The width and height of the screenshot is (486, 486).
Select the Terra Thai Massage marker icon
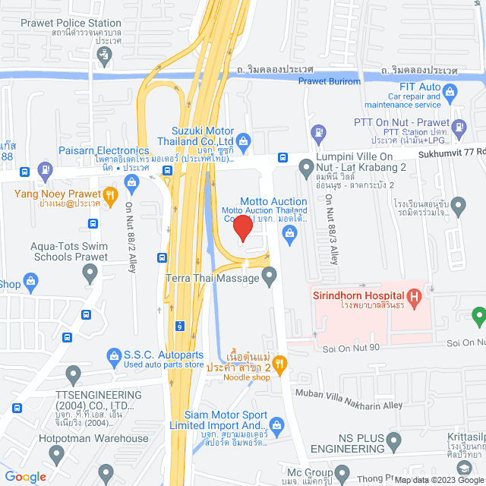[270, 279]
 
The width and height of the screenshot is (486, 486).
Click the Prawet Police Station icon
[106, 55]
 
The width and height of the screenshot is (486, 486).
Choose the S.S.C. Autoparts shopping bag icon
[114, 355]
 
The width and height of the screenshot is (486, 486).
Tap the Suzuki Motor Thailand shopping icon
[243, 140]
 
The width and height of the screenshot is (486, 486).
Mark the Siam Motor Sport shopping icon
[276, 423]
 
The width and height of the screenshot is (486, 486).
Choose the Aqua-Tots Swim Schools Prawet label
[68, 251]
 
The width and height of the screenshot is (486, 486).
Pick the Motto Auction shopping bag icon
[289, 236]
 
